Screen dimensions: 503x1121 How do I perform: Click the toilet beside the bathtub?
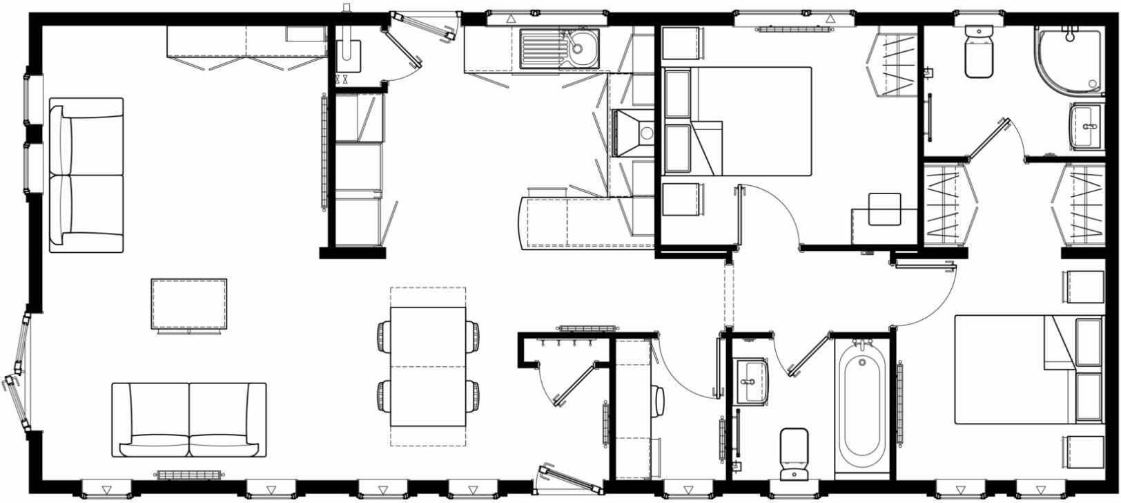tap(794, 453)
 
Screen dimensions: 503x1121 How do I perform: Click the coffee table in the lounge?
tap(189, 304)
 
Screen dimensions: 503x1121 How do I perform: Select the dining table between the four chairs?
tap(428, 366)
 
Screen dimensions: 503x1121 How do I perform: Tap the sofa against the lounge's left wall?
tap(86, 175)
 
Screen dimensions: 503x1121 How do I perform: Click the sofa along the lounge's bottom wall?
tap(189, 419)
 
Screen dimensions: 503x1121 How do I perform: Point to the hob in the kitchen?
tap(632, 133)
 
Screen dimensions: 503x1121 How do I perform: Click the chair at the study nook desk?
tap(659, 401)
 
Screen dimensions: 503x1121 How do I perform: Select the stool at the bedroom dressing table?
tap(884, 209)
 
